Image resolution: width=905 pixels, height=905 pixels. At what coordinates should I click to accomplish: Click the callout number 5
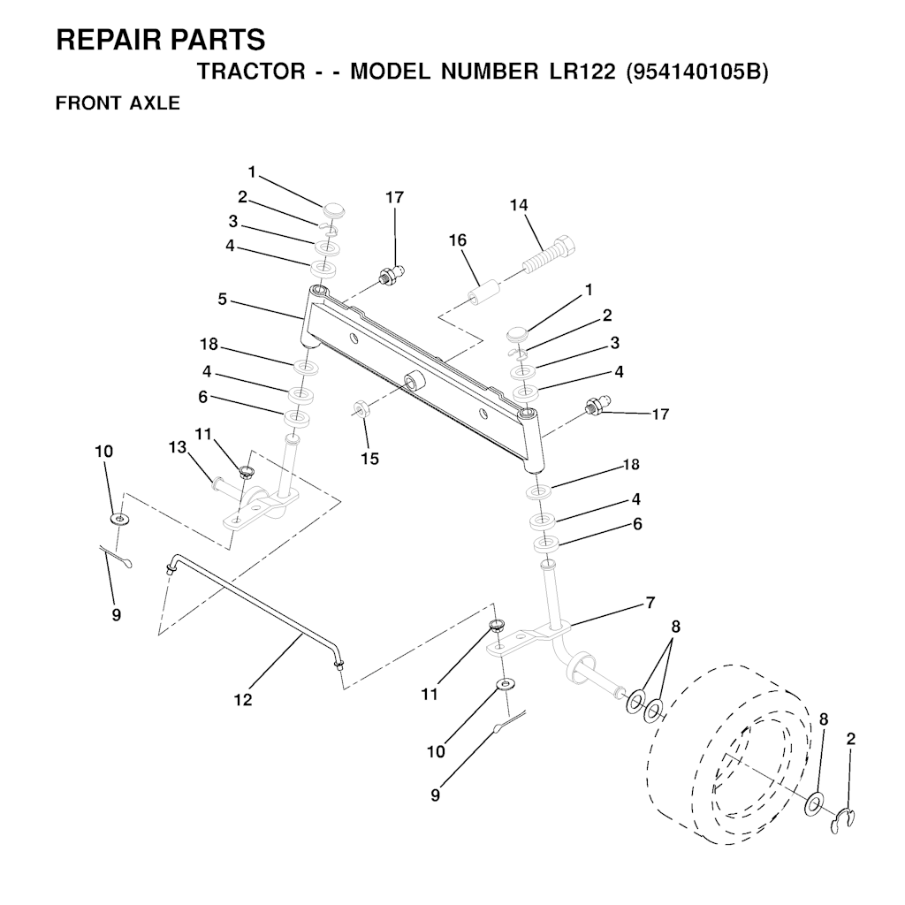[x=222, y=300]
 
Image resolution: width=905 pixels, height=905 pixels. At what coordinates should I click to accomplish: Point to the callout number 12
[x=243, y=700]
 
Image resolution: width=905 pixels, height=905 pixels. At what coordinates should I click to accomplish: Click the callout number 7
[x=650, y=603]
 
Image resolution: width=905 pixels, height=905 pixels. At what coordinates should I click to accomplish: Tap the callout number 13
[x=178, y=447]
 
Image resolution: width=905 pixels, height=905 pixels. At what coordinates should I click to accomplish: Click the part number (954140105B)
[x=697, y=72]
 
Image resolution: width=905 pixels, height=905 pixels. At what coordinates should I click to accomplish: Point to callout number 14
[x=518, y=205]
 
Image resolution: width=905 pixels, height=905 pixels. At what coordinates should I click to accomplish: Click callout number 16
[x=458, y=240]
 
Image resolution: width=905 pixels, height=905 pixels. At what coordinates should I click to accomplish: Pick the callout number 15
[x=370, y=459]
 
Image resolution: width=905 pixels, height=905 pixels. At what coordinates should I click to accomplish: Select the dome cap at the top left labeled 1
[x=331, y=208]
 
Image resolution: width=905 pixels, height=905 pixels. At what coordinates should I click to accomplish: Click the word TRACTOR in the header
[x=251, y=72]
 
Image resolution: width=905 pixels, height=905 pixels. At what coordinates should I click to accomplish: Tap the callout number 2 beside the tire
[x=851, y=739]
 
